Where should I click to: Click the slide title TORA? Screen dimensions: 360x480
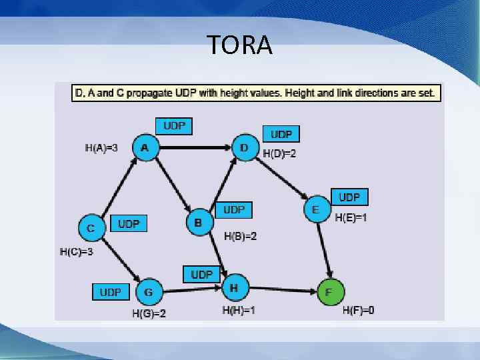(239, 45)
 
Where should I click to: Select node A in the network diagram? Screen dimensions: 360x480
(145, 148)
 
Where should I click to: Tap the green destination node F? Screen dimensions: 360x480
(329, 292)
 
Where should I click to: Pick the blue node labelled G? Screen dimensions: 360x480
(149, 292)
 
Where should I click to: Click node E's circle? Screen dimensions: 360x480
(315, 209)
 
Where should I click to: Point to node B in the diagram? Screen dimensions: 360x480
(197, 222)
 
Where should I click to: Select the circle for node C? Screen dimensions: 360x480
(91, 228)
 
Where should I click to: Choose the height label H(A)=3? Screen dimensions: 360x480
(101, 148)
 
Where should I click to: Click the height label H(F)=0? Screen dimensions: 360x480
(358, 310)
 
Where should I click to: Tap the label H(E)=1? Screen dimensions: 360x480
(351, 217)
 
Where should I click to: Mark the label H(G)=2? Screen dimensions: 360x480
(149, 313)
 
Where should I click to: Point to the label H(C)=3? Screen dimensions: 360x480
(76, 252)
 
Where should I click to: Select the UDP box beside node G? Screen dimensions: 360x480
(111, 292)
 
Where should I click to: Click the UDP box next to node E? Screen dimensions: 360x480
(349, 197)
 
